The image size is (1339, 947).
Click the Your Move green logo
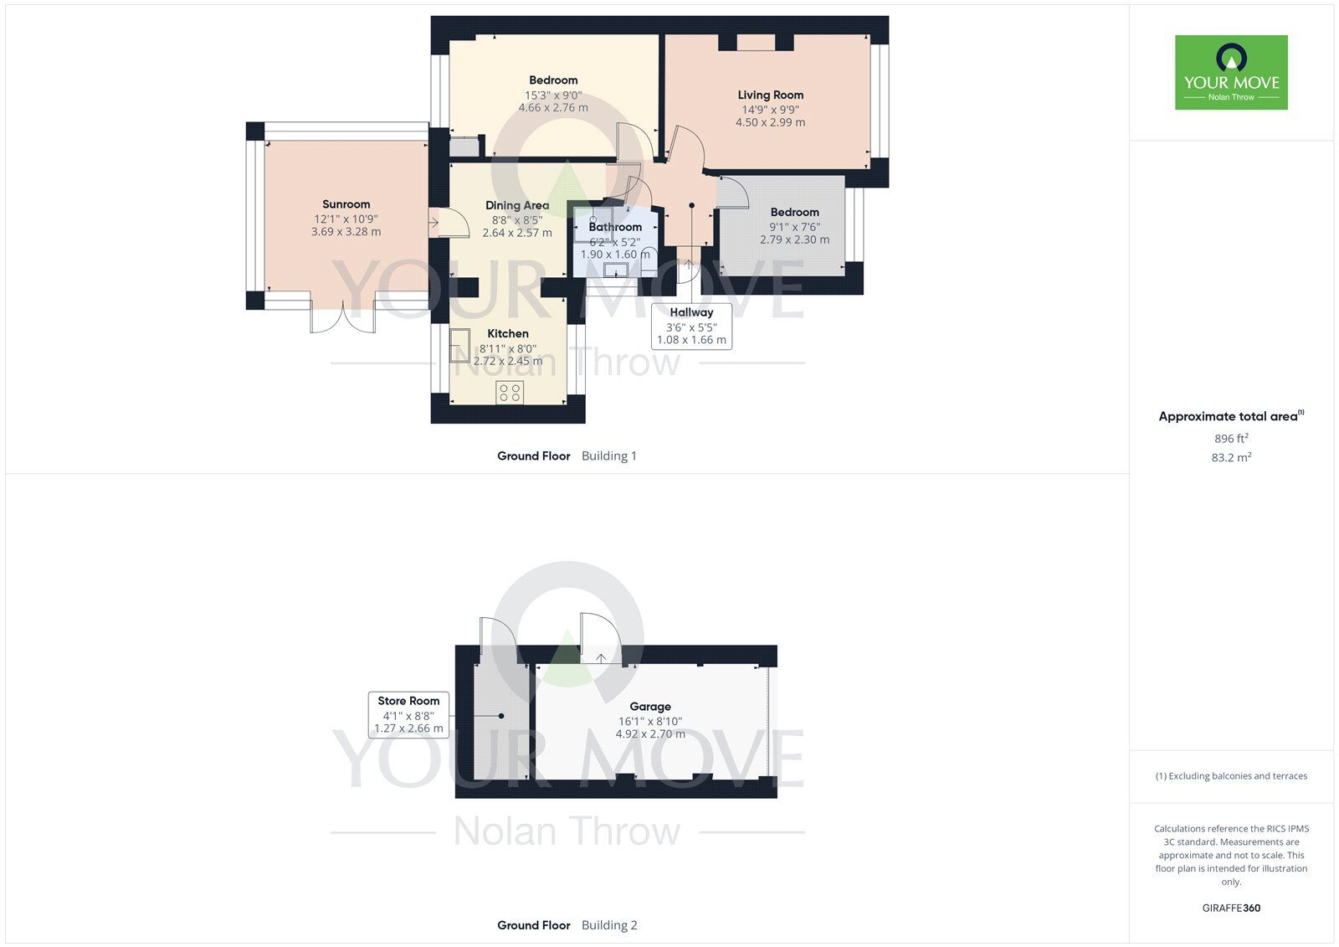tap(1230, 72)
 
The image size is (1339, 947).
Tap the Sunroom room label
tap(346, 204)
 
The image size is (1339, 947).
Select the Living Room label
tap(770, 95)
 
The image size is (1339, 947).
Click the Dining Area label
tap(517, 205)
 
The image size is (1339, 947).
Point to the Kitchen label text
tap(508, 333)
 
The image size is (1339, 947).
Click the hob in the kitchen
tap(510, 392)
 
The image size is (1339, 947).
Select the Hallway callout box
tap(691, 326)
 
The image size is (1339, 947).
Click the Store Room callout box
tap(408, 714)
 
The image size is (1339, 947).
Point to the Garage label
tap(650, 707)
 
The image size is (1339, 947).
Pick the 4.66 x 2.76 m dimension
tap(553, 108)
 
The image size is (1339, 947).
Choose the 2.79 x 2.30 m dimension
tap(794, 239)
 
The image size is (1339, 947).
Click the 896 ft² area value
tap(1231, 439)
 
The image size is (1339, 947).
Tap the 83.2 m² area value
tap(1231, 458)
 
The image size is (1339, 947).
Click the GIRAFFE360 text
tap(1231, 908)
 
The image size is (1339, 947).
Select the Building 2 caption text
tap(609, 925)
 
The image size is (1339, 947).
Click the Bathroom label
tap(615, 227)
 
